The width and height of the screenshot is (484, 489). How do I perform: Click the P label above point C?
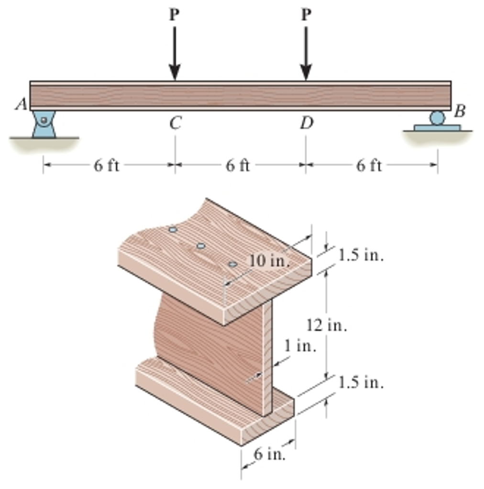tap(175, 15)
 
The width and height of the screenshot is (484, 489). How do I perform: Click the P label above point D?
tap(306, 15)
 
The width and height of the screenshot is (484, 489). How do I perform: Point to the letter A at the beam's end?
tap(21, 104)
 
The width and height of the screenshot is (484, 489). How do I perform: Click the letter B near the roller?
tap(459, 112)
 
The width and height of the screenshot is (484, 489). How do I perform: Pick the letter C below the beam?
tap(175, 124)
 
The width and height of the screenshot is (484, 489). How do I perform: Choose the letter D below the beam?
tap(307, 124)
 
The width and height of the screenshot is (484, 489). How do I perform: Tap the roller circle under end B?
tap(437, 117)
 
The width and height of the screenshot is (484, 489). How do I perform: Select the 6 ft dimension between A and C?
tap(106, 165)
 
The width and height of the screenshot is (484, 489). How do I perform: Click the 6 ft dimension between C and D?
tap(238, 165)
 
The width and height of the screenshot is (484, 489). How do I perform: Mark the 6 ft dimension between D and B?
tap(369, 165)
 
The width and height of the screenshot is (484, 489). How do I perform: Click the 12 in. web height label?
tap(327, 326)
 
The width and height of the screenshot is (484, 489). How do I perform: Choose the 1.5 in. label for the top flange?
tap(361, 255)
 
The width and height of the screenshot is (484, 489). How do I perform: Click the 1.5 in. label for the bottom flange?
tap(361, 383)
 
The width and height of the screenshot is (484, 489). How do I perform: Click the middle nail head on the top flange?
tap(201, 246)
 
